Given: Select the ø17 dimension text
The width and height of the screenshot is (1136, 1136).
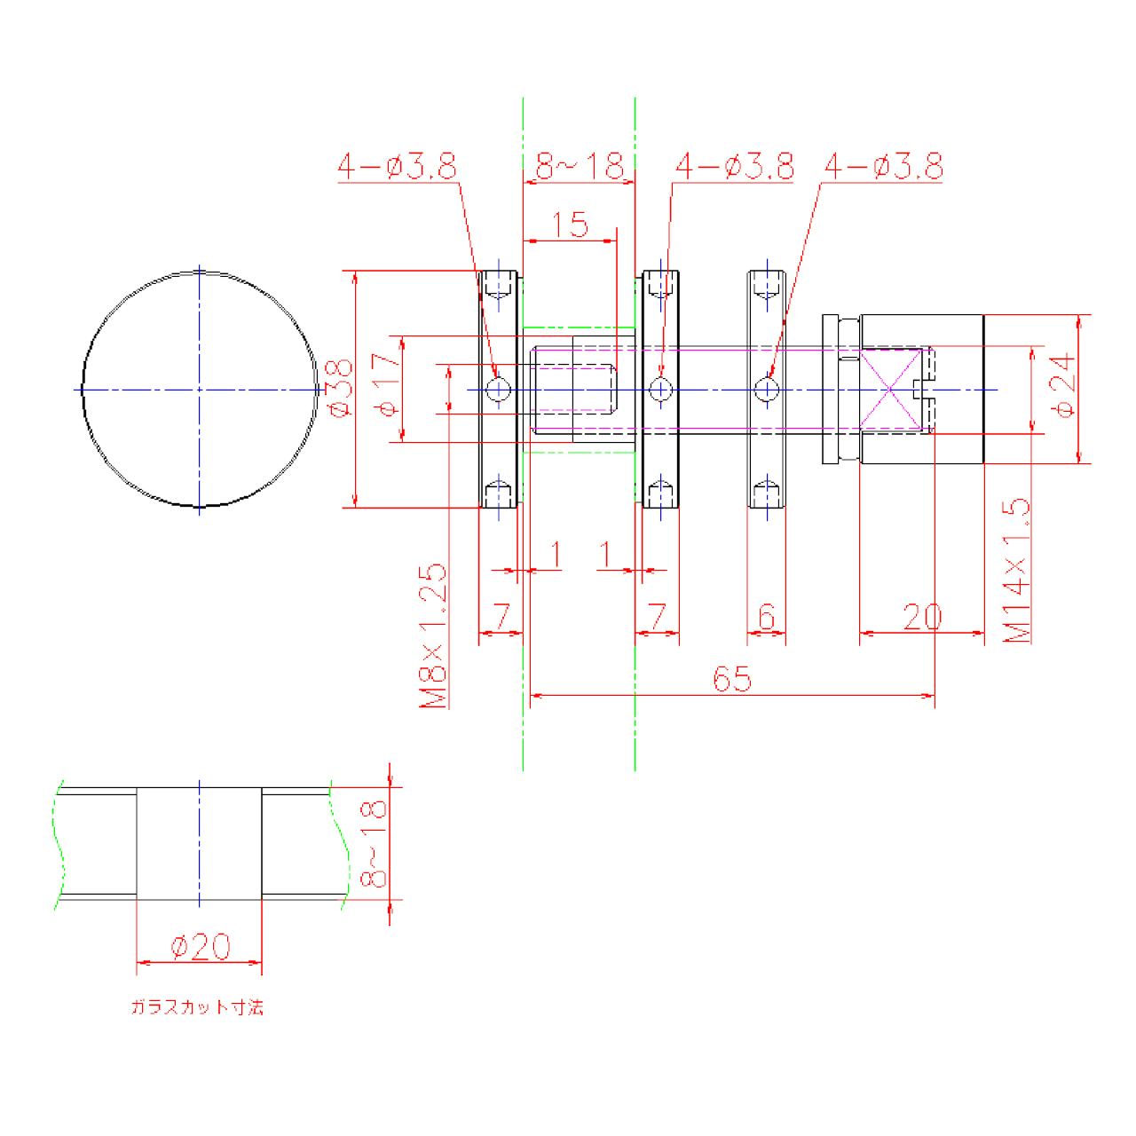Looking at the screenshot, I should [385, 388].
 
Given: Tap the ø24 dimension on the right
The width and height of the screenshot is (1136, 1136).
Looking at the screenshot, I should [1066, 388].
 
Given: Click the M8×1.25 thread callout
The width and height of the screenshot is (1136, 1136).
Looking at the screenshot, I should [433, 635].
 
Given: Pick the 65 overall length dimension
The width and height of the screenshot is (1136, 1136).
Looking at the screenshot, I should [732, 679].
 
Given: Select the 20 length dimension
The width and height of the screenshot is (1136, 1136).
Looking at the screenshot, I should [921, 616].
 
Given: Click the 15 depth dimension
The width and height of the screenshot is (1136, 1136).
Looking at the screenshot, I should [571, 225].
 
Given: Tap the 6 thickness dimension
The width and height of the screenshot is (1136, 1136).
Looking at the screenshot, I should [768, 616].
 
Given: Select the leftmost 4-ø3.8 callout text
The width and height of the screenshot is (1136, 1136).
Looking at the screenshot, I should [396, 166].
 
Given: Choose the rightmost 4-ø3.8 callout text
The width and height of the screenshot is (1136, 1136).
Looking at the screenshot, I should [883, 166].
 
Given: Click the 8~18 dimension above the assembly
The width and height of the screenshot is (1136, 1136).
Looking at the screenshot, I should [580, 166].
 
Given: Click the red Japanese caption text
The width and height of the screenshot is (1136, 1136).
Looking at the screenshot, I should [197, 1008].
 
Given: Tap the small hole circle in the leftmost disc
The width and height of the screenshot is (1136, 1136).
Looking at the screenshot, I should [499, 389].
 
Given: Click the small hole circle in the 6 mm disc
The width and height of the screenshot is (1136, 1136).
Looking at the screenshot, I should [767, 389].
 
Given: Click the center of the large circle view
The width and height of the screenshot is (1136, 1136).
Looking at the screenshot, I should [200, 389].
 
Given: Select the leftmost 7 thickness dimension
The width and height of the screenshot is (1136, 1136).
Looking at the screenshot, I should [501, 616].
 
